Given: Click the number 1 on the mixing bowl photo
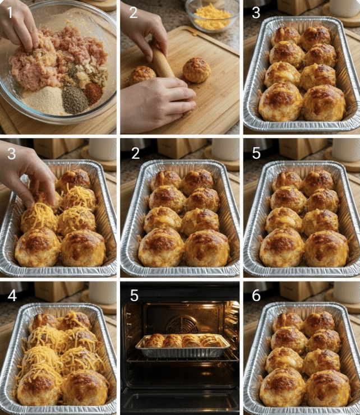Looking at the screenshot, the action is pos(10,12).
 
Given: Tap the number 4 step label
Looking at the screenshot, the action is pos(12,296).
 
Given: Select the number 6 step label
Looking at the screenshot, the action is pos(256,296).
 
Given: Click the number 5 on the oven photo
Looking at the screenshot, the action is pos(134,296).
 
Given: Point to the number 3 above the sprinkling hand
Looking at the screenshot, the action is pos(11,154).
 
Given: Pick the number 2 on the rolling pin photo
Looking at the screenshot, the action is pos(133,12).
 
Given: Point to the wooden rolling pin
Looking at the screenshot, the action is pos(161,61).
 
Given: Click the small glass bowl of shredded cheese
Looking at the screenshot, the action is pos(212,15).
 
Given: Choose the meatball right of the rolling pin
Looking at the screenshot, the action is pos(197,70).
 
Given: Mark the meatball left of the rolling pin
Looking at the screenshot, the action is pos(142,75).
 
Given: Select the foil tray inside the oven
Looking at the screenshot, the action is pos(183,346).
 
